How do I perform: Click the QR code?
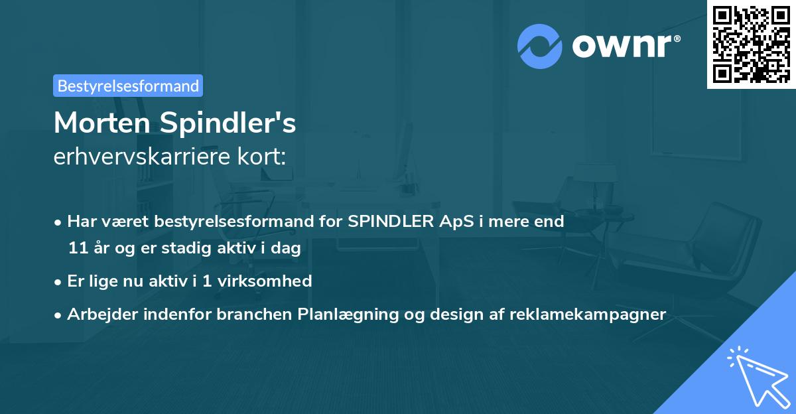(751, 44)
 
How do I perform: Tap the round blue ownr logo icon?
(540, 46)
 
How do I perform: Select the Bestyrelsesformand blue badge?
(128, 86)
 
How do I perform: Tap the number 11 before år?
(78, 249)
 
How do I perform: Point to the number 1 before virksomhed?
(207, 281)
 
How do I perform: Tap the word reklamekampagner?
(588, 314)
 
